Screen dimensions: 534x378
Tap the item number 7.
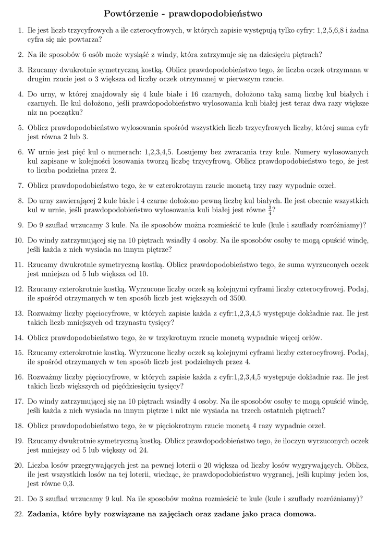[x=20, y=185]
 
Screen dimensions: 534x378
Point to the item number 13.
[x=19, y=314]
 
